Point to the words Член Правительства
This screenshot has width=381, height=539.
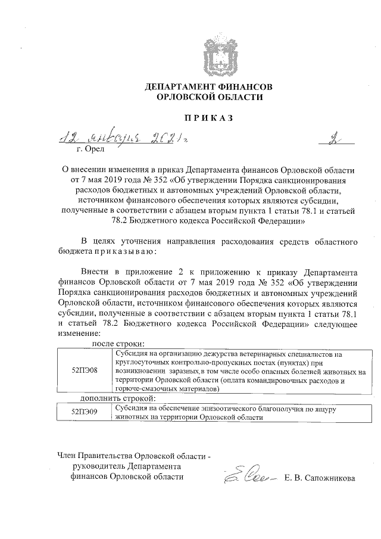[95, 456]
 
